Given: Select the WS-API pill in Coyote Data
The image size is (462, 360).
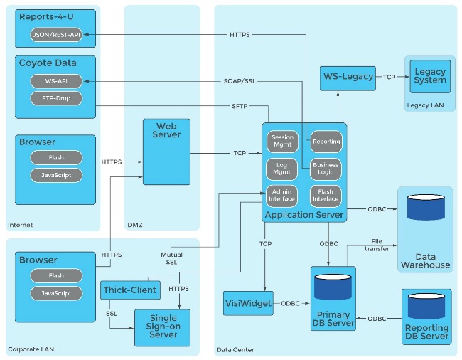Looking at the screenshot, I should (56, 81).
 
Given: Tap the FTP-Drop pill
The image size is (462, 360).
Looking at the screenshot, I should (56, 98).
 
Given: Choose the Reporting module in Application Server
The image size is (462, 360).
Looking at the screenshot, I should (326, 142).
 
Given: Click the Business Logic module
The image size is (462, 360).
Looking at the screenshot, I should (326, 169).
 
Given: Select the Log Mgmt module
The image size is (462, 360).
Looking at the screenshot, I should (282, 169).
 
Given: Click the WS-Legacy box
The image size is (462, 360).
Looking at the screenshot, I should (348, 76).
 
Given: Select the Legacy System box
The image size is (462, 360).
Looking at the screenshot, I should (430, 76).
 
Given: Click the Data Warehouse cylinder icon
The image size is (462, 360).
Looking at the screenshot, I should (426, 208).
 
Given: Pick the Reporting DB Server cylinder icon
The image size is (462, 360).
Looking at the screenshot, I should (426, 306).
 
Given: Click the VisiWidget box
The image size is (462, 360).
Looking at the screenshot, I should (248, 303).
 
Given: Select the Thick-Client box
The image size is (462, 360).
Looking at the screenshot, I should (129, 290).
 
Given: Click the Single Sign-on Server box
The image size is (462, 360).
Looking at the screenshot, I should (163, 327).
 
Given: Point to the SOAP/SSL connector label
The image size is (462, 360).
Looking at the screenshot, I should (240, 81).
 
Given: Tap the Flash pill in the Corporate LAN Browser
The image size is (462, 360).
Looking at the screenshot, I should (56, 275).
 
